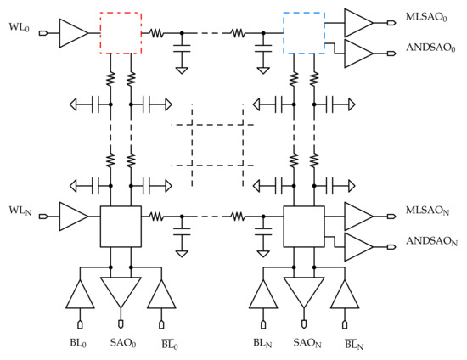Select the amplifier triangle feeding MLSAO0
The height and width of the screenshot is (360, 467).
click(357, 21)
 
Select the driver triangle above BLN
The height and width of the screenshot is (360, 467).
click(263, 295)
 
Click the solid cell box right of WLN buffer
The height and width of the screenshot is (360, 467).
click(120, 226)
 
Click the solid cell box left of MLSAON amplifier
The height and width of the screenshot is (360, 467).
click(302, 226)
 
